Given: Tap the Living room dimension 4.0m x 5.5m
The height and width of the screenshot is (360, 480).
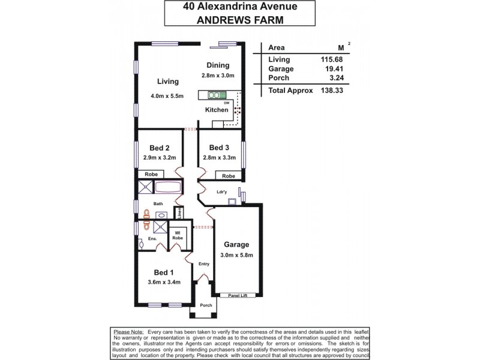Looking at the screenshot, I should (166, 95).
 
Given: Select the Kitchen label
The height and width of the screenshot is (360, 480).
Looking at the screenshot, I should (217, 110).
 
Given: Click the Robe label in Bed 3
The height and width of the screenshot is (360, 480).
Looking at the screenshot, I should (228, 176).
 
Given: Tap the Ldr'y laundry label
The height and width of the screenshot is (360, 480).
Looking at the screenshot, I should (223, 192).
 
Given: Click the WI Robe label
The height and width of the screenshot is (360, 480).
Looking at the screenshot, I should (178, 235).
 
